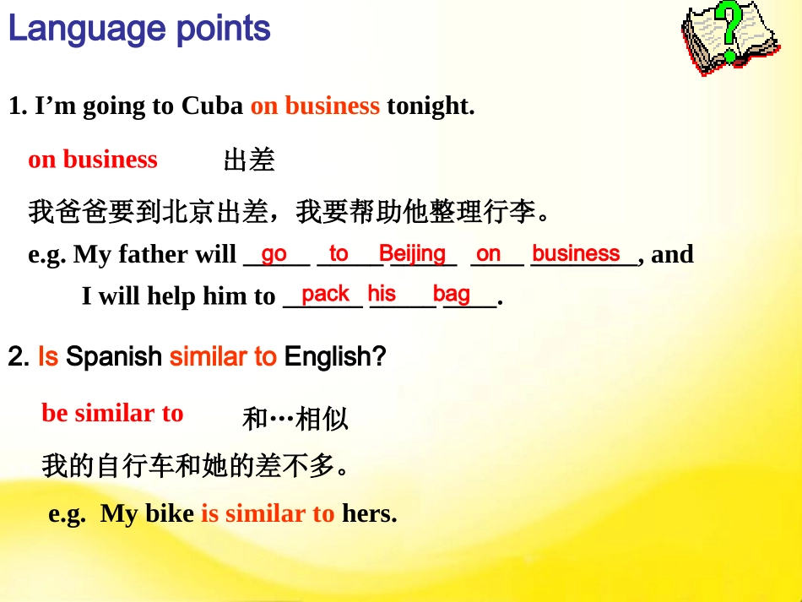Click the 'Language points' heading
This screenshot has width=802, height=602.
click(139, 30)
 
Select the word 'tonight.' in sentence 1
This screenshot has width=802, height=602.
click(431, 106)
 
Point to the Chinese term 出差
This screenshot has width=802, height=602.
click(249, 160)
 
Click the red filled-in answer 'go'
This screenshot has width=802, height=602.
click(274, 254)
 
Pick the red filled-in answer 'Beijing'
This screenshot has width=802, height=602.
click(412, 253)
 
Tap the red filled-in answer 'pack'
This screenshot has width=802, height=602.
click(325, 294)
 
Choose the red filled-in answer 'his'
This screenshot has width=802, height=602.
click(382, 294)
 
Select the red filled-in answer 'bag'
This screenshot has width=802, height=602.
click(452, 294)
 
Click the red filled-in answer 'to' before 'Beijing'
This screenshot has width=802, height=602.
click(339, 253)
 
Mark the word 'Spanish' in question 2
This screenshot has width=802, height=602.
click(114, 357)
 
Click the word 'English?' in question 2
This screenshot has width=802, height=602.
click(335, 357)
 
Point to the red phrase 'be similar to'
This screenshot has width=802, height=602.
click(112, 414)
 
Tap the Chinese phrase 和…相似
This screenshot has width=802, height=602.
click(295, 419)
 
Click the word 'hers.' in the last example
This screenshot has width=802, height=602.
click(369, 513)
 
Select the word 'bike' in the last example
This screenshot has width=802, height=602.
click(170, 513)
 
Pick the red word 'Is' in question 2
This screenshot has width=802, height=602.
click(48, 357)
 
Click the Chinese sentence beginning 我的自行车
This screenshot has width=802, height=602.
click(195, 465)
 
